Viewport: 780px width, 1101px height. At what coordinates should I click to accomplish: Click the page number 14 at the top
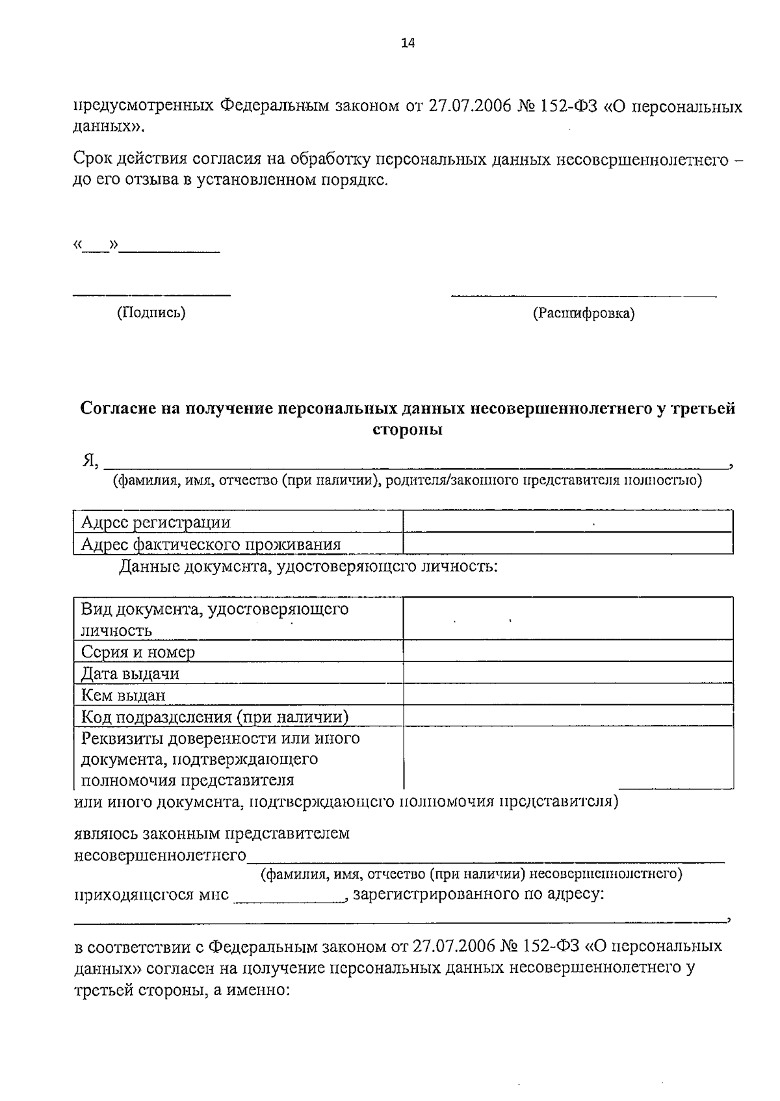pyautogui.click(x=408, y=44)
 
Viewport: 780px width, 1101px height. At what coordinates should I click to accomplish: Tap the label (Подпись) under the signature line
pyautogui.click(x=151, y=313)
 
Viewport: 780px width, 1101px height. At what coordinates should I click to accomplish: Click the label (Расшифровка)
pyautogui.click(x=584, y=313)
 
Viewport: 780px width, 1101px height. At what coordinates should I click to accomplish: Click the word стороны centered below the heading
pyautogui.click(x=408, y=430)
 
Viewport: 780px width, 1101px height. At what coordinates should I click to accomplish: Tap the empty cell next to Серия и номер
pyautogui.click(x=567, y=651)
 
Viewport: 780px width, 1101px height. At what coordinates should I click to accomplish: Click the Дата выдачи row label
pyautogui.click(x=130, y=673)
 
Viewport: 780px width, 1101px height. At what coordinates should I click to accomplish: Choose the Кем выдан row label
pyautogui.click(x=123, y=695)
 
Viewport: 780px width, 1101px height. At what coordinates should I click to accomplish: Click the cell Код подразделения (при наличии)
pyautogui.click(x=214, y=717)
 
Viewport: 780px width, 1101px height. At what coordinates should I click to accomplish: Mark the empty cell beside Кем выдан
pyautogui.click(x=567, y=695)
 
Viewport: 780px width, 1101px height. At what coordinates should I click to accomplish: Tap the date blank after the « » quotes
pyautogui.click(x=170, y=247)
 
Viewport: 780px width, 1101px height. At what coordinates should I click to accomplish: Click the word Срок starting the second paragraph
pyautogui.click(x=90, y=159)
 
